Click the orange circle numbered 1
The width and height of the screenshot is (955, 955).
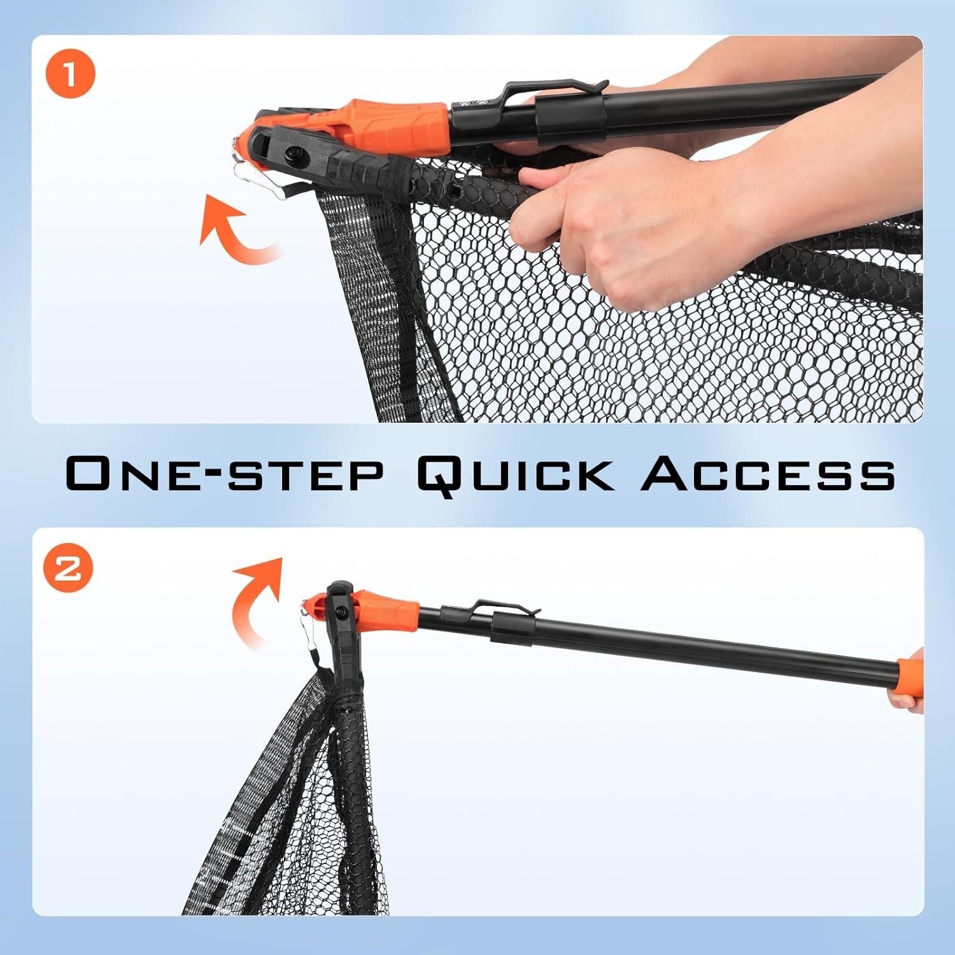pyautogui.click(x=70, y=74)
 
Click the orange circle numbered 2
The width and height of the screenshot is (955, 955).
pyautogui.click(x=68, y=568)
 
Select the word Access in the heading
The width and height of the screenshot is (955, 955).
pyautogui.click(x=768, y=474)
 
